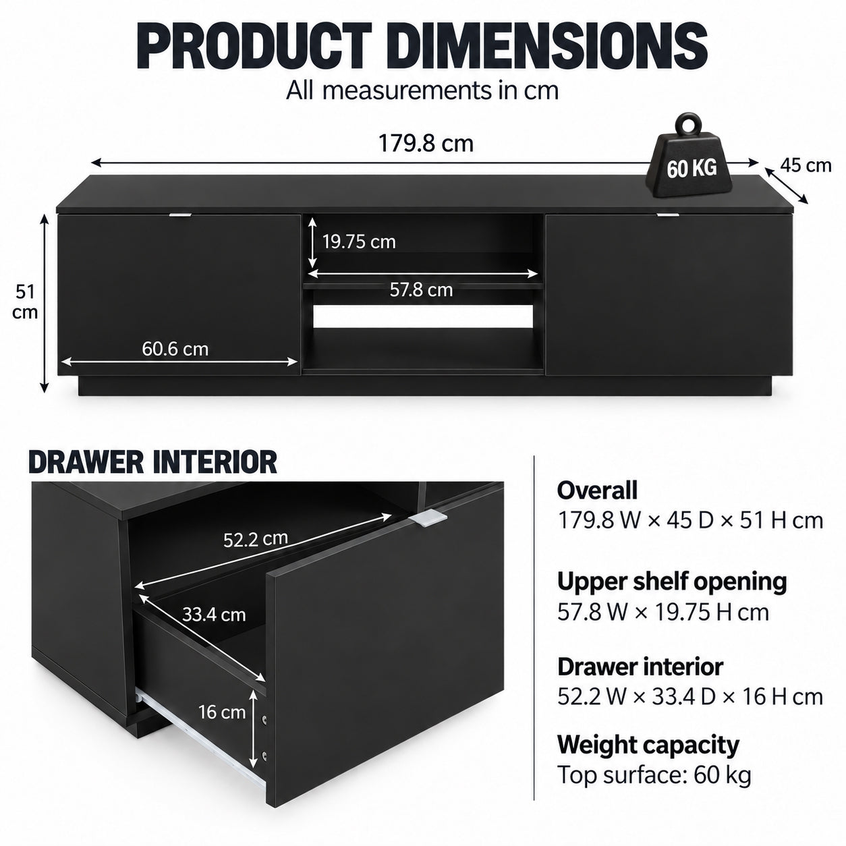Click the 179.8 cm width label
click(x=426, y=144)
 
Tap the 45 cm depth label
click(x=806, y=165)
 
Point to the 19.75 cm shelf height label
click(x=359, y=242)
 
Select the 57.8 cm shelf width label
click(x=421, y=289)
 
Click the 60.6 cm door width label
click(x=175, y=349)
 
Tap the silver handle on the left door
click(x=180, y=215)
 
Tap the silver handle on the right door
click(x=667, y=215)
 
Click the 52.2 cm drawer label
click(x=256, y=538)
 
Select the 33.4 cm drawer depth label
click(x=214, y=614)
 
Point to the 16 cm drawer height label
click(x=222, y=712)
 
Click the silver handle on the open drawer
click(x=427, y=517)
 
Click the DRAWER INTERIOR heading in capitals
click(x=152, y=462)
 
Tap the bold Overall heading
click(x=597, y=490)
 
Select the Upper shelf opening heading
click(x=672, y=582)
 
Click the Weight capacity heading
click(x=648, y=745)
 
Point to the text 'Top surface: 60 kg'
click(x=654, y=775)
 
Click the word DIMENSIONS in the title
click(x=546, y=46)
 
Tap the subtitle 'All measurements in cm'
click(x=422, y=91)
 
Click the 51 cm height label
click(x=24, y=302)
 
